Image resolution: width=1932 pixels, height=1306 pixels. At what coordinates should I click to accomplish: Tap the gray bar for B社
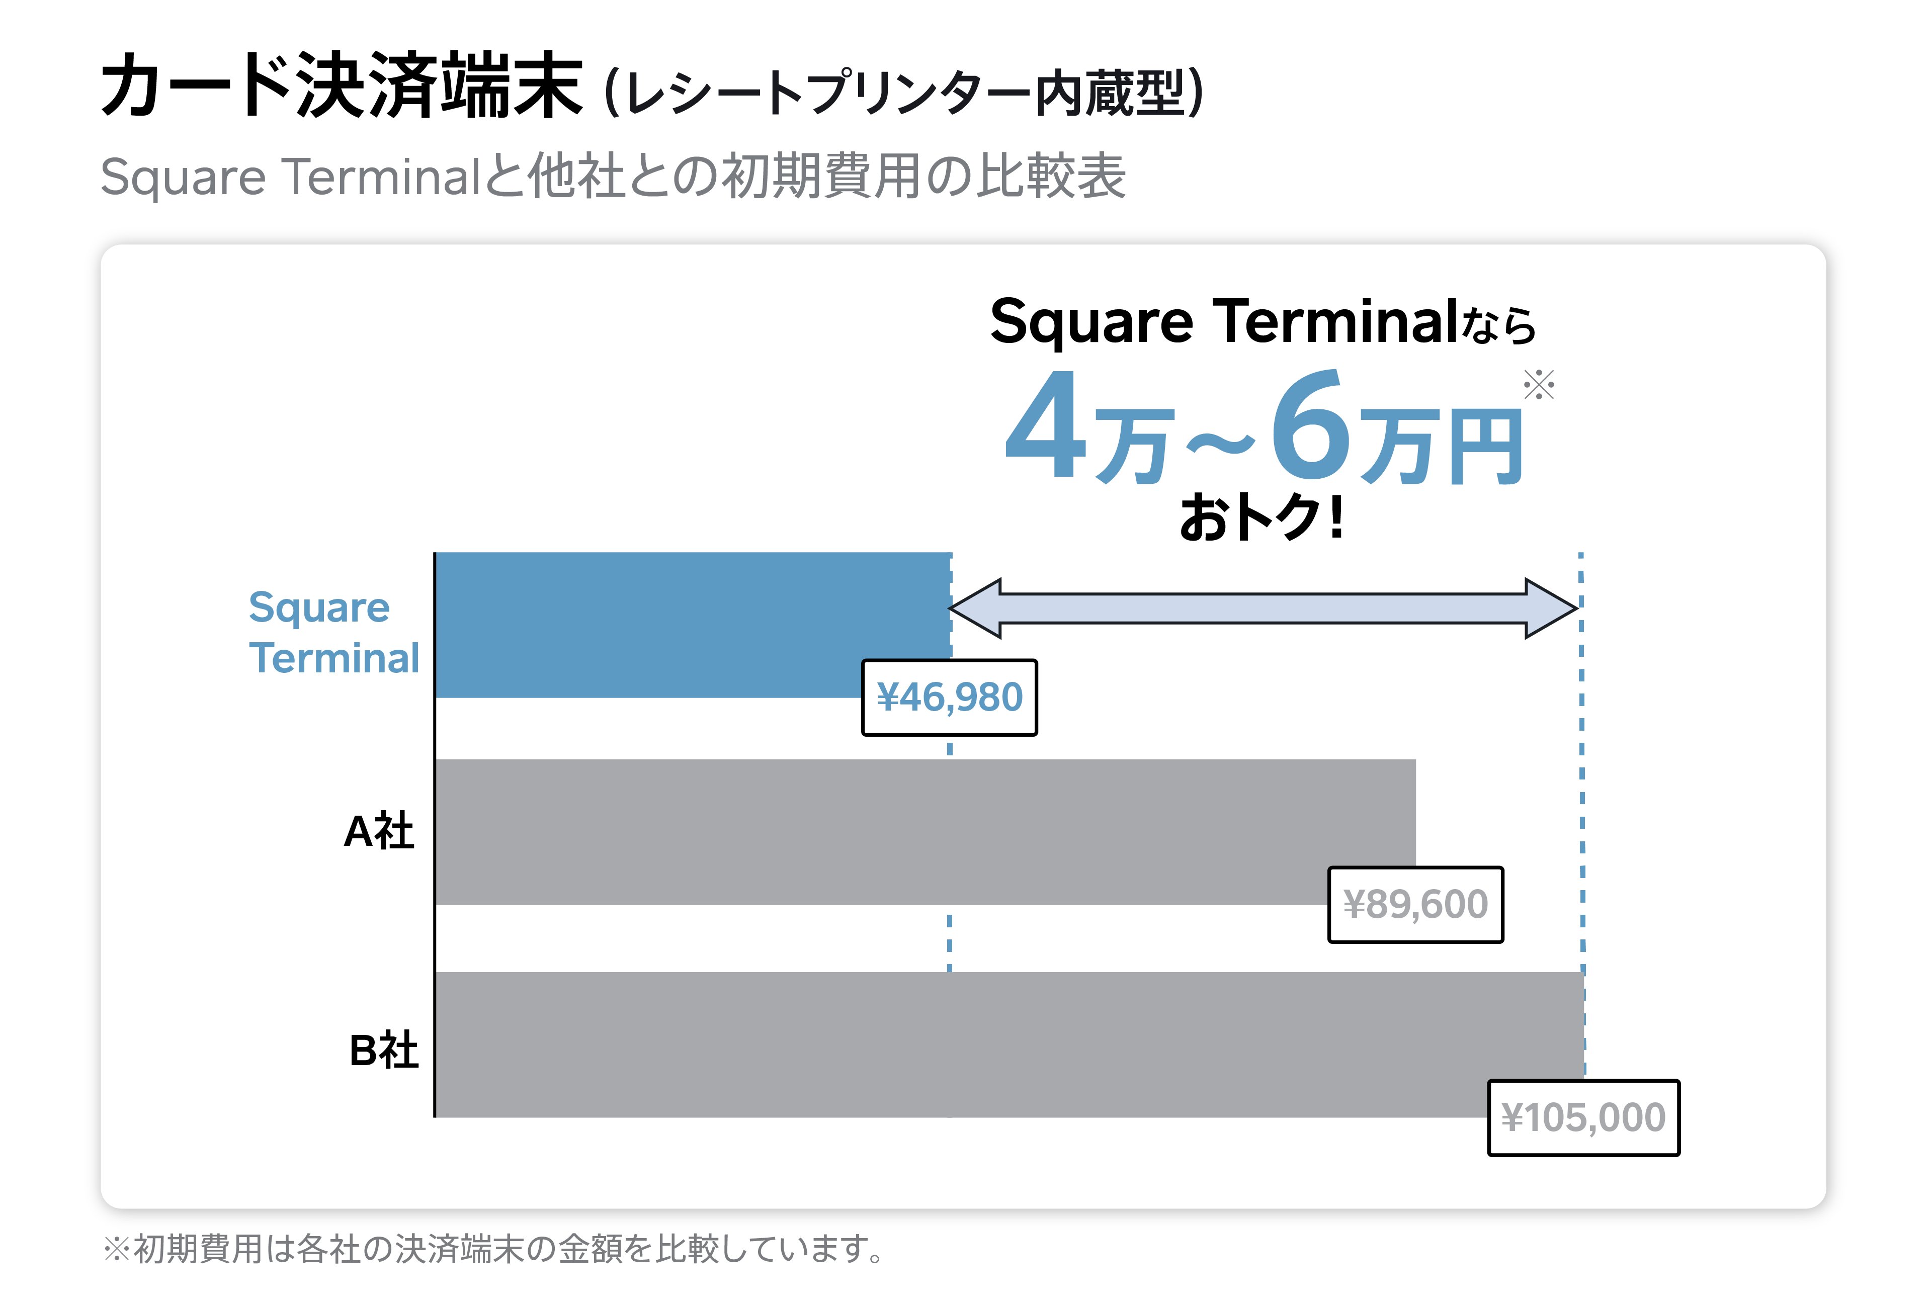[x=956, y=1043]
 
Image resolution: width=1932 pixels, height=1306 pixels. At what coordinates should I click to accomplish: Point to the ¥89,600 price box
[x=1415, y=905]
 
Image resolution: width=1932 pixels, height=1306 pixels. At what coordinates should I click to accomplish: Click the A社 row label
[x=378, y=831]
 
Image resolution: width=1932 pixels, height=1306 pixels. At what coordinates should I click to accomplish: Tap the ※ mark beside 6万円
[x=1538, y=385]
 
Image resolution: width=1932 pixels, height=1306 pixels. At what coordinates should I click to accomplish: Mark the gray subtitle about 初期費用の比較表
[x=613, y=176]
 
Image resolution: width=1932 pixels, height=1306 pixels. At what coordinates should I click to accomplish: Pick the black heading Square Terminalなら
[x=1262, y=322]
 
